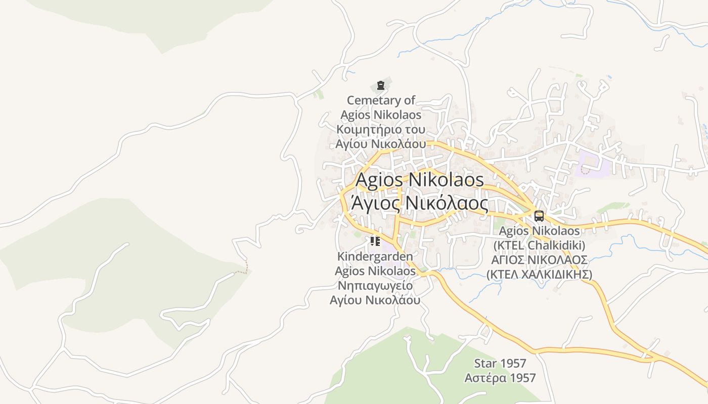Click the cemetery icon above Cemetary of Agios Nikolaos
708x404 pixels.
381,85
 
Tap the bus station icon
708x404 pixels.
539,216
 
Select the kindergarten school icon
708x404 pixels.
375,241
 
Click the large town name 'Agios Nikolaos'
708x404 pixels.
420,179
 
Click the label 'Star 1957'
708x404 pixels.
500,363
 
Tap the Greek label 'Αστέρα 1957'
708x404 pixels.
500,378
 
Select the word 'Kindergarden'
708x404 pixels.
375,257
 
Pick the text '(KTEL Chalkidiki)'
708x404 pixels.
539,245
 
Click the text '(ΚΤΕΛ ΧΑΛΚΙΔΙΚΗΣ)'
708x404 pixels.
539,274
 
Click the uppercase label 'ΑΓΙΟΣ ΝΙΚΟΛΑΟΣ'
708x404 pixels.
539,260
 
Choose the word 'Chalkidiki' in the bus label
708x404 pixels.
554,245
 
